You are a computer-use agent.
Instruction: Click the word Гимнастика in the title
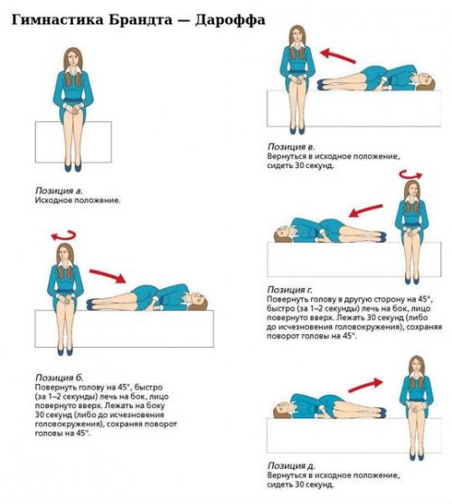point(58,20)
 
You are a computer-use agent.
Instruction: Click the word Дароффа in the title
point(231,20)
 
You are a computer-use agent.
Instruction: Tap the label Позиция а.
point(59,191)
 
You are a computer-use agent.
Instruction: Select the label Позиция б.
point(59,378)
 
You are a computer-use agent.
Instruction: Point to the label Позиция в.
point(291,146)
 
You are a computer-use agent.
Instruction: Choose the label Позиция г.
point(289,290)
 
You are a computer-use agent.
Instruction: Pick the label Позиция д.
point(291,465)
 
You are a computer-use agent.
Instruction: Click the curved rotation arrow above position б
point(63,237)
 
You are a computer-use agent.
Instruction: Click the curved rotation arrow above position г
point(410,175)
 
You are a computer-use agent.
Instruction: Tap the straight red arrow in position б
point(108,276)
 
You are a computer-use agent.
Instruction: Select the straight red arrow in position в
point(338,56)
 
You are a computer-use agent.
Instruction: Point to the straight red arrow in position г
point(366,210)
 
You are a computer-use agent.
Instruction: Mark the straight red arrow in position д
point(366,386)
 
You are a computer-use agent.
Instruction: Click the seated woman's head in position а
point(73,59)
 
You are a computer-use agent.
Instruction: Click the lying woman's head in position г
point(282,234)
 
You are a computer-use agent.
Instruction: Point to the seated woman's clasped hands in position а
point(74,110)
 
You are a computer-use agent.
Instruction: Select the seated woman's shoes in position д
point(417,456)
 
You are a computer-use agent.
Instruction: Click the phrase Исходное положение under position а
point(78,201)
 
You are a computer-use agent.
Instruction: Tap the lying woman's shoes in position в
point(323,85)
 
